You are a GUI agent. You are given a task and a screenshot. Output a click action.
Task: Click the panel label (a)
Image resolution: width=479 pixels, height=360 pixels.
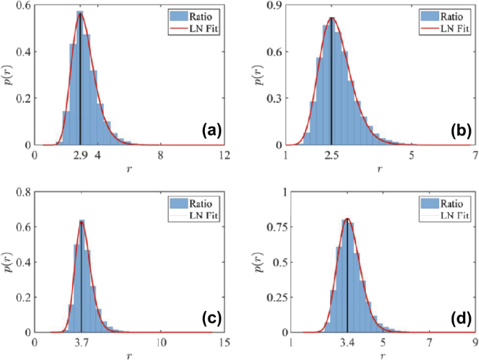point(212,130)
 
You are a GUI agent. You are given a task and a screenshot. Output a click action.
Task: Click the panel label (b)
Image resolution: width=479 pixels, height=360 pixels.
point(462,130)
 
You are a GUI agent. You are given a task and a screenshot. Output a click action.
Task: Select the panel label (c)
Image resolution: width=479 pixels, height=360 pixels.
point(212,318)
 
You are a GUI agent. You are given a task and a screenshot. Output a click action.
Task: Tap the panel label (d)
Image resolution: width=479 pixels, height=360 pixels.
point(462,318)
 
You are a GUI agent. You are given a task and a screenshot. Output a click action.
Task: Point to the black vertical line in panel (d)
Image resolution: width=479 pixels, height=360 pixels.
point(348,280)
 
